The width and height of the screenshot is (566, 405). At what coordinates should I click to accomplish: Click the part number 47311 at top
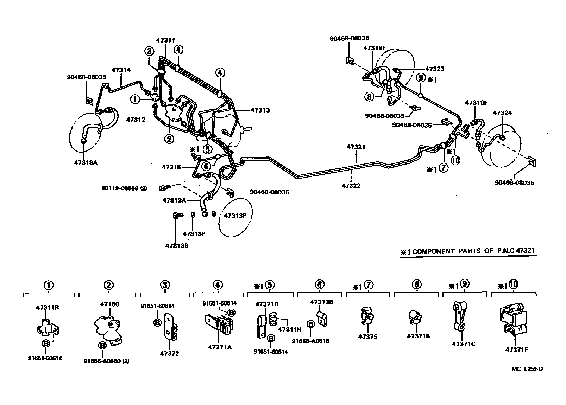coord(165,41)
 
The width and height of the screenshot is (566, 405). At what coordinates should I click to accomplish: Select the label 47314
coord(121,70)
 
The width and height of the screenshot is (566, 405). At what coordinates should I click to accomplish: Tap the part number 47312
coord(136,120)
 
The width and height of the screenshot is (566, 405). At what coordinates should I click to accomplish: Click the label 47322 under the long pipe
coord(351,186)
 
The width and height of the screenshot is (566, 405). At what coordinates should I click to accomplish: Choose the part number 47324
coord(502,113)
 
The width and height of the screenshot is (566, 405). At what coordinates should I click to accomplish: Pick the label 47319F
coord(476,103)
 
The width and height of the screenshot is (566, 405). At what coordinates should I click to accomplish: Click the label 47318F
coord(374,48)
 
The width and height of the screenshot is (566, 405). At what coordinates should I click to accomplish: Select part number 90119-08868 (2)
coord(124,188)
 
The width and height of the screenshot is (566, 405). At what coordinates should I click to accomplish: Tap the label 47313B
coord(177,246)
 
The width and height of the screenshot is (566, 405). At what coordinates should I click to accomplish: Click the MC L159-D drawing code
coord(527,369)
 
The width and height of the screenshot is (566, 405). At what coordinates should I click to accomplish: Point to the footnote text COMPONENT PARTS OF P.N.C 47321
coord(473,251)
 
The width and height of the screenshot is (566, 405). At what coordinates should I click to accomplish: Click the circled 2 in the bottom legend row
coord(108,285)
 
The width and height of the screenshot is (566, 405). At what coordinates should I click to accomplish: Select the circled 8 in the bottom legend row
coord(416,284)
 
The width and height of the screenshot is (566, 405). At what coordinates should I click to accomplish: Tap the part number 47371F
coord(517,349)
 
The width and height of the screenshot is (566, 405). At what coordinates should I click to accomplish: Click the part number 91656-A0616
coord(310,341)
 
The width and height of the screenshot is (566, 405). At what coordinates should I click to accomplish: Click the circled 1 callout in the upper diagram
coord(135,99)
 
